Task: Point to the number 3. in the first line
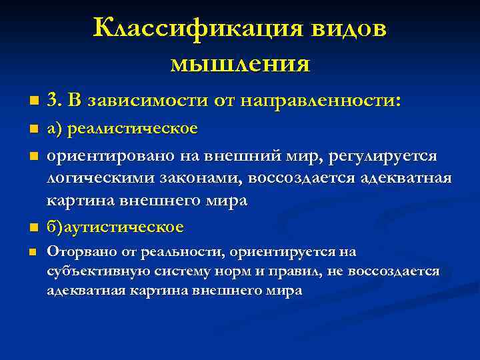55,101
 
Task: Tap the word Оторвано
78,252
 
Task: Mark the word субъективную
93,271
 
